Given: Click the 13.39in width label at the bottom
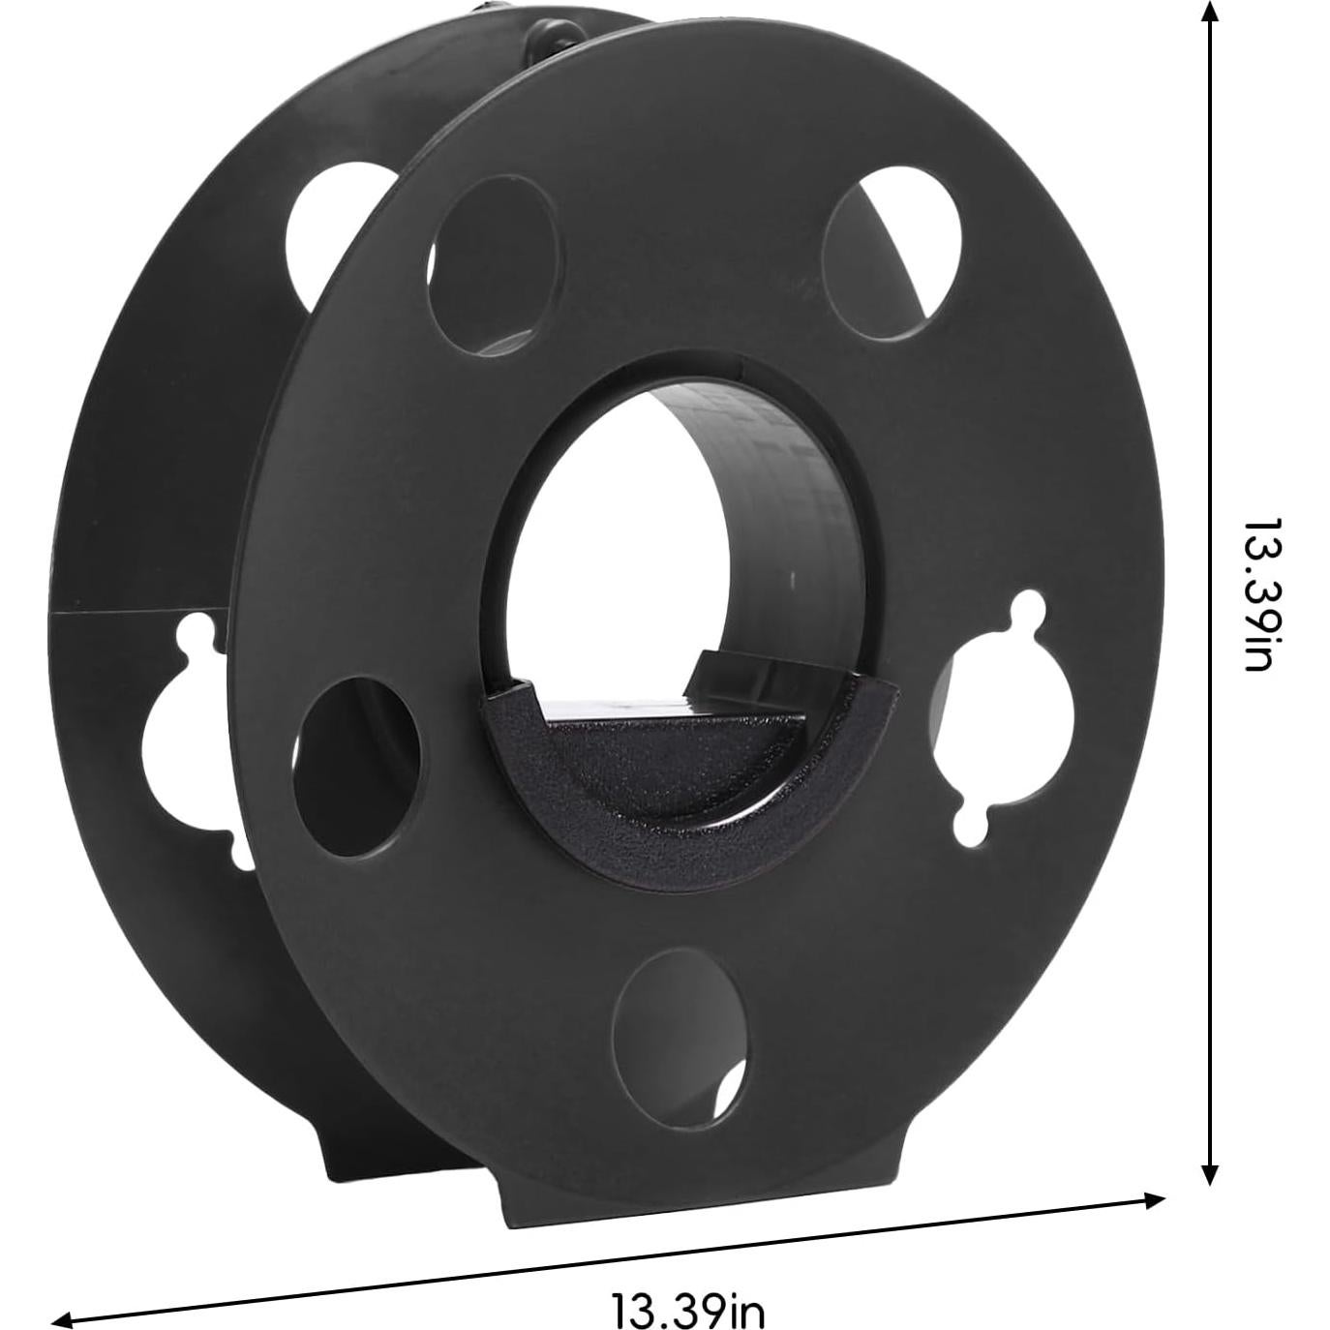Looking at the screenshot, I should click(688, 1286).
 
